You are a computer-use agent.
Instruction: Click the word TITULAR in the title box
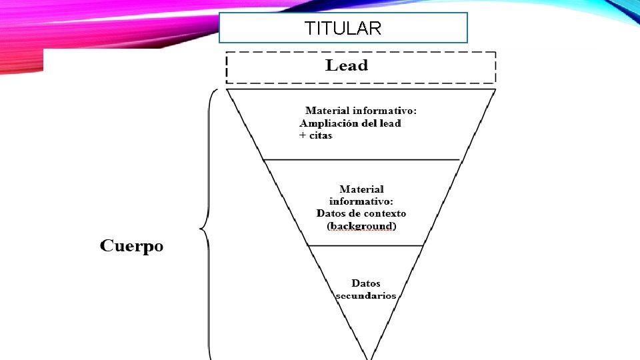pos(343,29)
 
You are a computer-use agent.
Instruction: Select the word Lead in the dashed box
pos(347,65)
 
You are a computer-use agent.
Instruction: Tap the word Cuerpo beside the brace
pos(132,246)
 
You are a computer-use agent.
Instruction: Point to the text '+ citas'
pos(315,135)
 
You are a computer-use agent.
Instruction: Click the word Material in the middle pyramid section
pos(361,189)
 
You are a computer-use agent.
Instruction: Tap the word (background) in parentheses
pos(361,226)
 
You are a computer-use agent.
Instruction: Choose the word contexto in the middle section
pos(381,213)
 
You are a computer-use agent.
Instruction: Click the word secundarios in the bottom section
pos(366,295)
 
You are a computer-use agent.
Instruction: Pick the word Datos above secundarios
pos(366,283)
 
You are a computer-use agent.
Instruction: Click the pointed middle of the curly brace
pos(201,230)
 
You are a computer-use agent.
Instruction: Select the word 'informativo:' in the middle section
pos(361,201)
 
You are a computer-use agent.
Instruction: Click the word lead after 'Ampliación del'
pos(389,123)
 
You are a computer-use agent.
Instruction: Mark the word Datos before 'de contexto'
pos(331,213)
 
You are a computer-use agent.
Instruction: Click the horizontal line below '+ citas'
pos(361,160)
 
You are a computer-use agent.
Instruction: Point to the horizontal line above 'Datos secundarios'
pos(365,245)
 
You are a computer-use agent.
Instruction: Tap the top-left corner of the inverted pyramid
pos(227,89)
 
